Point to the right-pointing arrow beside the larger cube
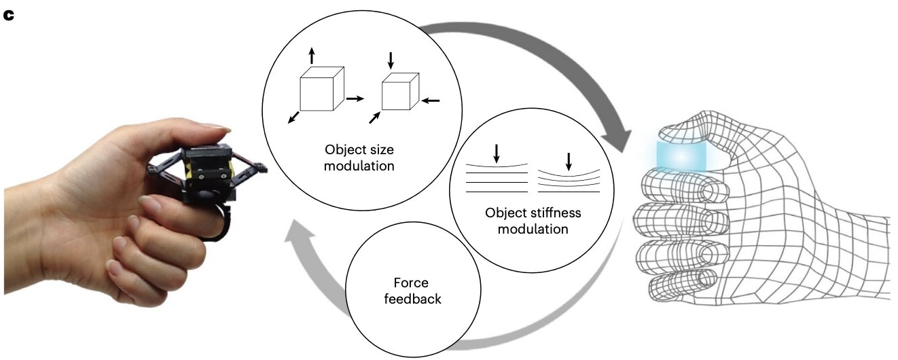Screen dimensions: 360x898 [x=355, y=99]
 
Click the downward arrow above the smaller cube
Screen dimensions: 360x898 [x=390, y=60]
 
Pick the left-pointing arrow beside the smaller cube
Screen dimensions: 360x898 [x=430, y=101]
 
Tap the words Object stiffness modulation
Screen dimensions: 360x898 [x=533, y=221]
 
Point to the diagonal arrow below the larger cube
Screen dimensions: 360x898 [x=293, y=118]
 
